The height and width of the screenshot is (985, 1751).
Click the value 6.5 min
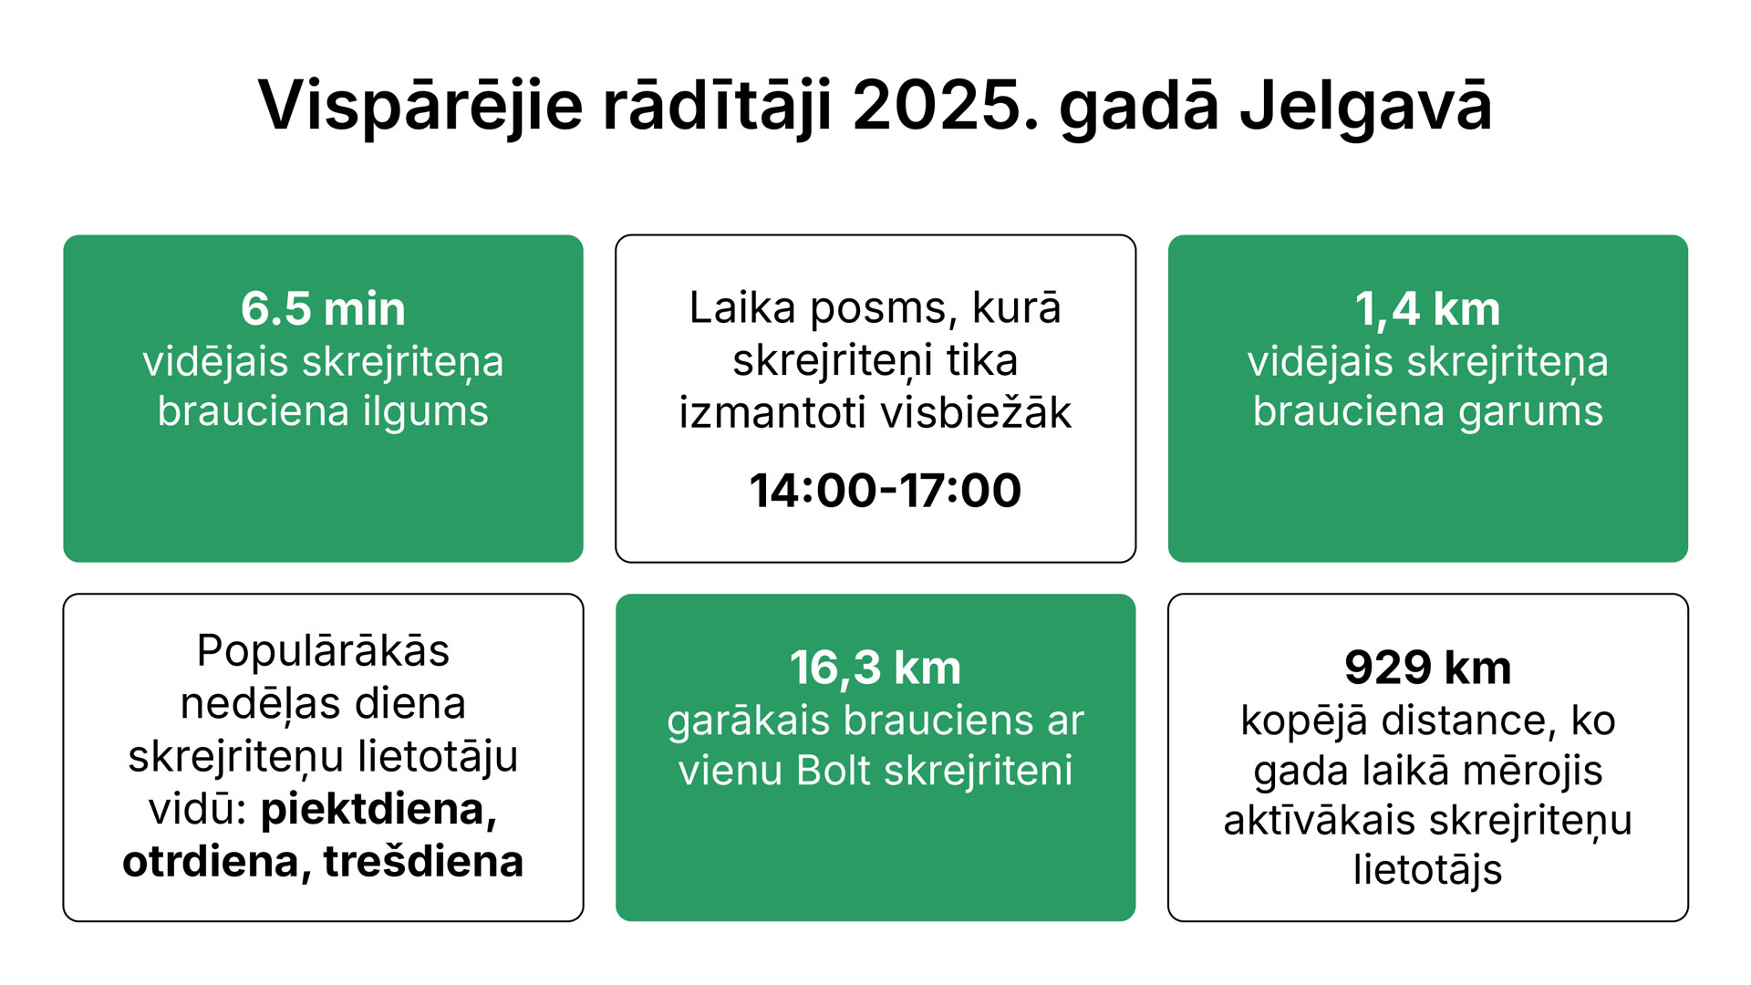[x=323, y=308]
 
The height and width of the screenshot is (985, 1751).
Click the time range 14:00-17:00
[x=885, y=490]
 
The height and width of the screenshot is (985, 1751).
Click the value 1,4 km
[x=1427, y=309]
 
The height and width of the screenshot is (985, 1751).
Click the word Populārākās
[x=323, y=651]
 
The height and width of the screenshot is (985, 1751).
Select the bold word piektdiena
[x=378, y=809]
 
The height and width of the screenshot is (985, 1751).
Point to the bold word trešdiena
[x=423, y=862]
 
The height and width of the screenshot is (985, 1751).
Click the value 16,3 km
[x=875, y=669]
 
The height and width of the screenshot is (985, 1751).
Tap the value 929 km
[x=1427, y=668]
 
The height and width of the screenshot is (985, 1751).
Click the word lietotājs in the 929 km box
[x=1427, y=869]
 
